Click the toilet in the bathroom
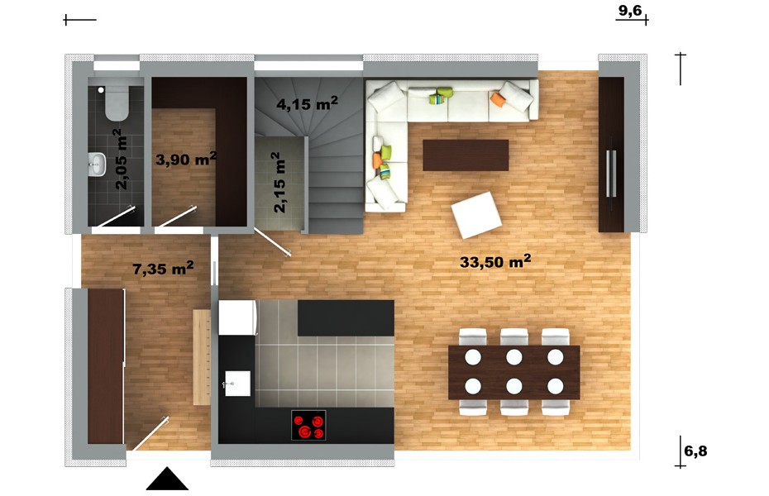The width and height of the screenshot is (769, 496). [117, 103]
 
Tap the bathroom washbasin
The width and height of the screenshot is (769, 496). [97, 164]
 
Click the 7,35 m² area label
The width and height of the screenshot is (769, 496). [163, 268]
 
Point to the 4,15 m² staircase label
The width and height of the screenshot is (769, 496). [307, 103]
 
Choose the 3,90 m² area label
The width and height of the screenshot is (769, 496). [186, 159]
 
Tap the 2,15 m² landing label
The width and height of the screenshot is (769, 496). [278, 182]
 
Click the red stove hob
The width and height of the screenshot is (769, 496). [308, 425]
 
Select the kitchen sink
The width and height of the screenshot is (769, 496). [237, 384]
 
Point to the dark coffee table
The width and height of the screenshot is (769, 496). [466, 155]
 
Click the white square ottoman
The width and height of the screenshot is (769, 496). [476, 215]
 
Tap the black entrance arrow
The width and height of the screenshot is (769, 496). [167, 479]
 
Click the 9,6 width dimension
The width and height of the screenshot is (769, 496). [630, 11]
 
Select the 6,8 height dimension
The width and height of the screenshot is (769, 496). [695, 451]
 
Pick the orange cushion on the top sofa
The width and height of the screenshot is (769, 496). [497, 98]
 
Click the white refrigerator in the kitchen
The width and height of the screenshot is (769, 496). [238, 317]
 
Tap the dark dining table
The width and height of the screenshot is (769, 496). [514, 372]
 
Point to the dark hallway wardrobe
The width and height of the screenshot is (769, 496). [106, 366]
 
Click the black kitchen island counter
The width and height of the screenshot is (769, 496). [346, 318]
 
